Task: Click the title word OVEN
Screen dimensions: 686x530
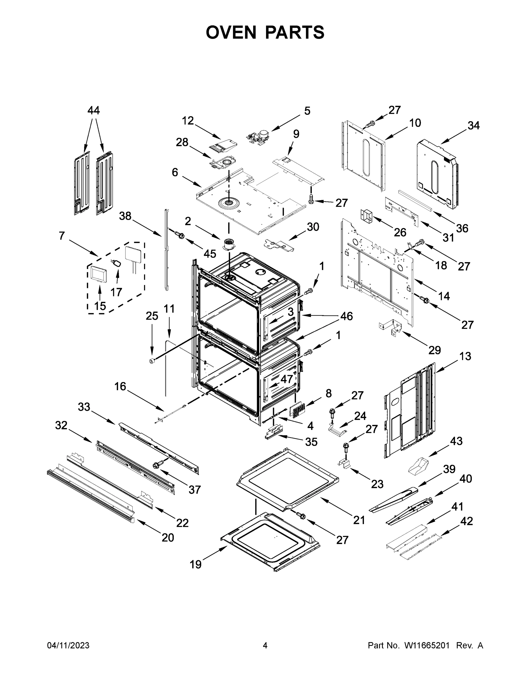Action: [231, 32]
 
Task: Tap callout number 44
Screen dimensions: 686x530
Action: [93, 111]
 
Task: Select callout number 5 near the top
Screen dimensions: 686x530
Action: [307, 111]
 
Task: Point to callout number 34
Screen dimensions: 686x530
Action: [473, 126]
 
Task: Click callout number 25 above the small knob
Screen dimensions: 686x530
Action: [152, 316]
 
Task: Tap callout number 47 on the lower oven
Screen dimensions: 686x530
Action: [286, 379]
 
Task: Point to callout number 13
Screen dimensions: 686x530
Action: [465, 356]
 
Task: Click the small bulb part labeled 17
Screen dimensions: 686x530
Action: [117, 263]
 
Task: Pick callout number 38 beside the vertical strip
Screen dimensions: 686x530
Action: [125, 216]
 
